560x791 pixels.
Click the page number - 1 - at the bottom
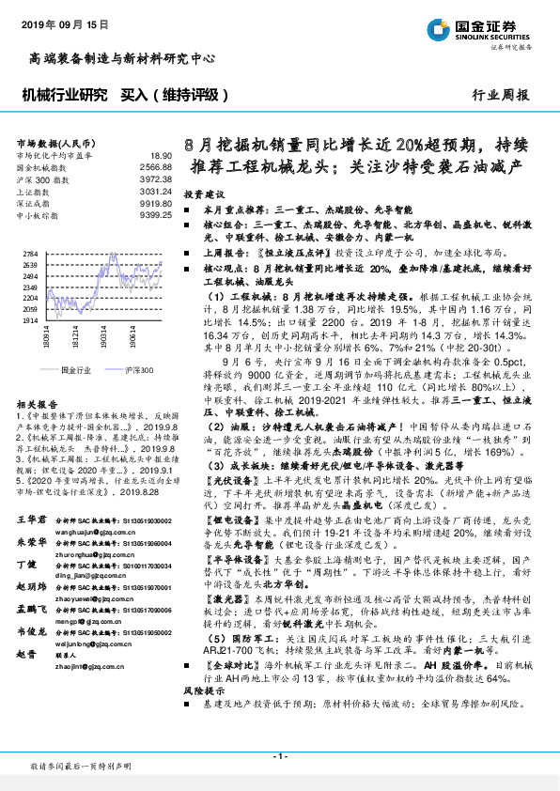coord(279,755)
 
